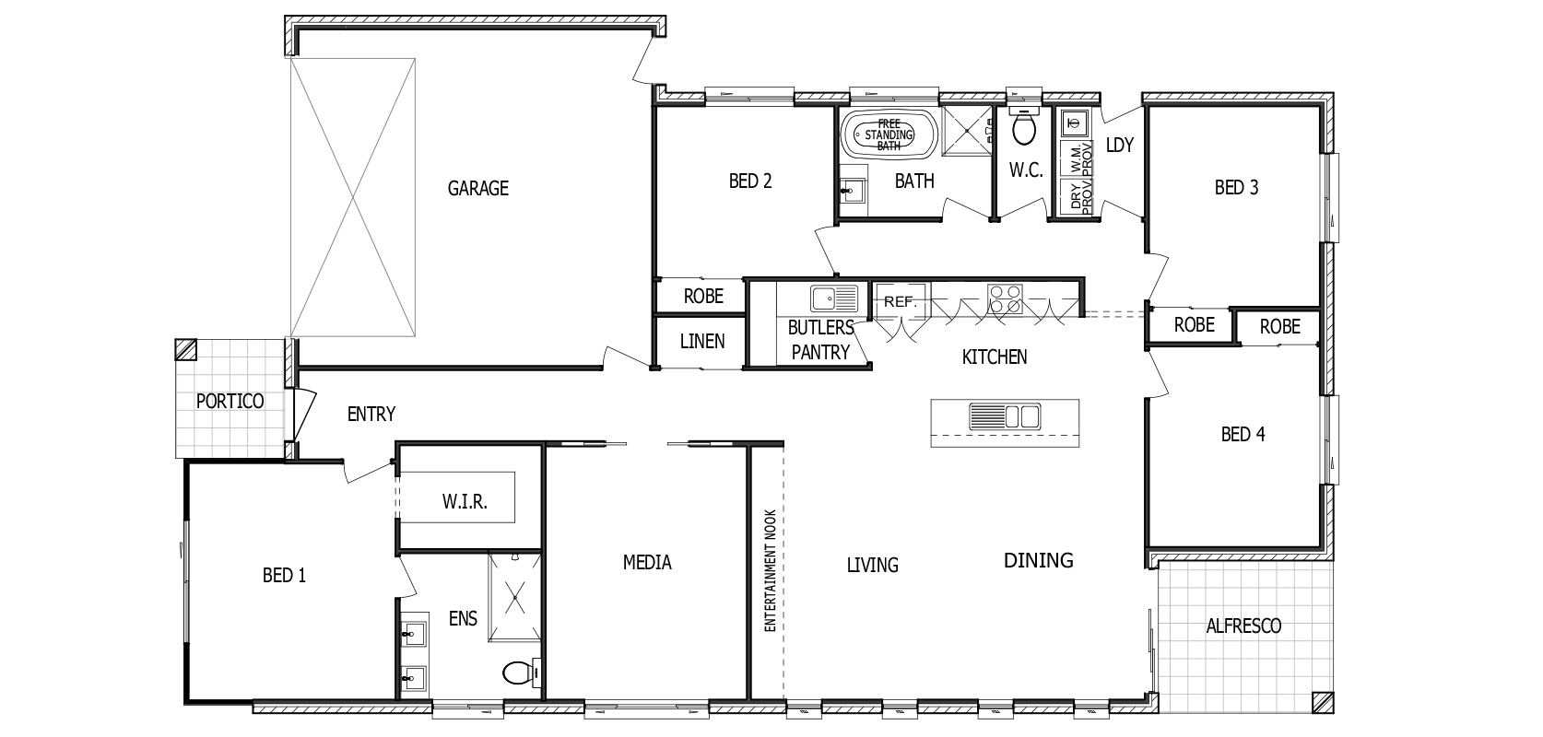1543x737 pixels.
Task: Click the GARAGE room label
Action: point(477,189)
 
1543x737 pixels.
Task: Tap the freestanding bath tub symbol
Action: point(889,135)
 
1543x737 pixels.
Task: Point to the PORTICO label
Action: point(230,402)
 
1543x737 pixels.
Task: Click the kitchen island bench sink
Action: point(1004,416)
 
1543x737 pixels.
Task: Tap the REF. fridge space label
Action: point(900,301)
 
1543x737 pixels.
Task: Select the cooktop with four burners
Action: point(1005,298)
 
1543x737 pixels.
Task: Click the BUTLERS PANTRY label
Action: point(820,339)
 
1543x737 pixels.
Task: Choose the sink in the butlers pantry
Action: point(833,298)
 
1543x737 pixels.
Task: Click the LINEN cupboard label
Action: point(702,341)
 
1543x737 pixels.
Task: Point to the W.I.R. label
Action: point(465,503)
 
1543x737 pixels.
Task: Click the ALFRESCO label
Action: point(1243,626)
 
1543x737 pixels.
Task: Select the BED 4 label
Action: point(1242,434)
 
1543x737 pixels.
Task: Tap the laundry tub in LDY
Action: point(1072,122)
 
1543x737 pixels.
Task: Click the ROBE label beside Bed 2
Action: point(702,297)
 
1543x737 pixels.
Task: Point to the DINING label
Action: point(1038,560)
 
